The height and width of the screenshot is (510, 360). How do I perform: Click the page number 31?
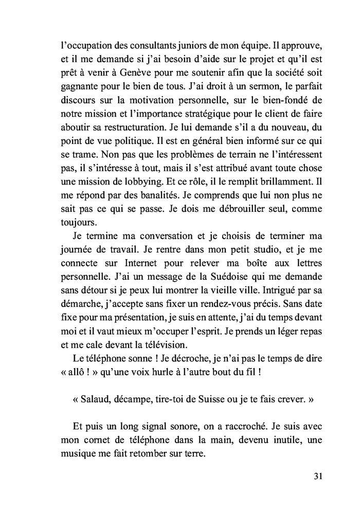(x=317, y=476)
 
